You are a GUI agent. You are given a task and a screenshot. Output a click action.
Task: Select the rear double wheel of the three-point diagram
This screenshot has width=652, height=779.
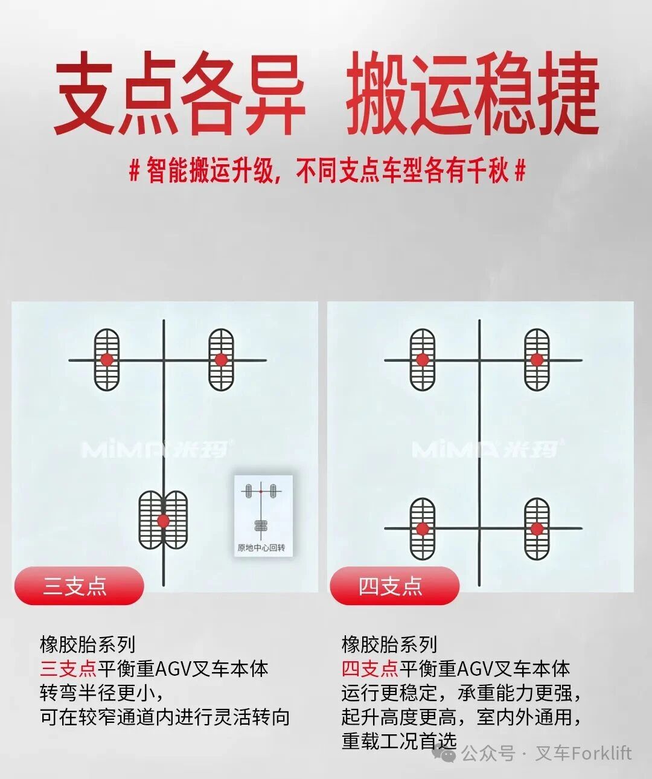pos(163,520)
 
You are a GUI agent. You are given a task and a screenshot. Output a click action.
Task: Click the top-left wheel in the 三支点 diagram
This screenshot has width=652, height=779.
pos(107,360)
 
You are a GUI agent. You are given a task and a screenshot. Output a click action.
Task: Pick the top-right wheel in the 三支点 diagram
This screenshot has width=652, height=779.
pos(221,360)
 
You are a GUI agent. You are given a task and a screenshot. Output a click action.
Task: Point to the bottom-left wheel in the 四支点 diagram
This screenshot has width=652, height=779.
pos(422,528)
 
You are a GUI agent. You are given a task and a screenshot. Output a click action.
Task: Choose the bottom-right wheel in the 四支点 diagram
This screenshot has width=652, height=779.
pos(537,528)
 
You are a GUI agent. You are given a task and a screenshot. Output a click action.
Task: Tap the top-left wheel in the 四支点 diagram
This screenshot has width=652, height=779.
pos(422,360)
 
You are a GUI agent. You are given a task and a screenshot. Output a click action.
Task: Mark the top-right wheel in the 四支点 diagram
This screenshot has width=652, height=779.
pos(537,360)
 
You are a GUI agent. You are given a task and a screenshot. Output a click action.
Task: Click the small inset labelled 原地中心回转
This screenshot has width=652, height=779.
pos(263,516)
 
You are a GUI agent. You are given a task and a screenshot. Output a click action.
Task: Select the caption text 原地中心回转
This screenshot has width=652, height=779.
pos(261,548)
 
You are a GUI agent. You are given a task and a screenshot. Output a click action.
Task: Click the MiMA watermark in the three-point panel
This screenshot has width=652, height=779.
pos(155,449)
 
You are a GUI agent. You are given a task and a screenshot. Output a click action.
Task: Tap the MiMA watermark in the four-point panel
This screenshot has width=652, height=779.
pos(487,449)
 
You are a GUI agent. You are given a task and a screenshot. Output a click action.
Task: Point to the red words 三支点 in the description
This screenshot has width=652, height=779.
pos(68,668)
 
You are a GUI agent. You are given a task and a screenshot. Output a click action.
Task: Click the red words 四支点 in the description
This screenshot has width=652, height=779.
pos(370,668)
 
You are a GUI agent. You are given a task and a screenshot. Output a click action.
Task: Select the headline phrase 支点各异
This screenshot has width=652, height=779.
pos(180,94)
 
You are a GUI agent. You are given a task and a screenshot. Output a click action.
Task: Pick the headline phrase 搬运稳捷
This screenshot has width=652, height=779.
pos(473,94)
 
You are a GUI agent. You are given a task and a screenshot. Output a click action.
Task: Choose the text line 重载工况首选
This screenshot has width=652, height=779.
pos(399,741)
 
